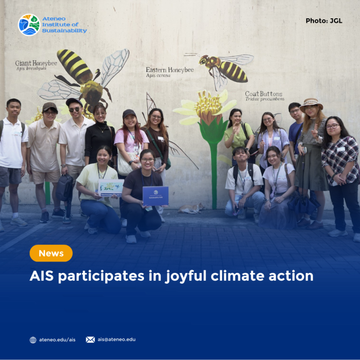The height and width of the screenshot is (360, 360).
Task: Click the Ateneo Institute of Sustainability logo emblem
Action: coord(28,25)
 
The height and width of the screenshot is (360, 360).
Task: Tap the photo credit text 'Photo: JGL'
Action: coord(323,21)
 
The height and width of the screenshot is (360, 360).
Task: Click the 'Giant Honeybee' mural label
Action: coord(36,64)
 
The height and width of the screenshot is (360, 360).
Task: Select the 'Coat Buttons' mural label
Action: coord(264,94)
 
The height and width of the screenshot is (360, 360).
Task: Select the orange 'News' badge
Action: coord(51,253)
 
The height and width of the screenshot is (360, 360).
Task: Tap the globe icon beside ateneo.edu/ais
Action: coord(33,340)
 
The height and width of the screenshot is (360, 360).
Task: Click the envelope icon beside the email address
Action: coord(90,340)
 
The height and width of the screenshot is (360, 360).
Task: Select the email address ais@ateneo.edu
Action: coord(116,340)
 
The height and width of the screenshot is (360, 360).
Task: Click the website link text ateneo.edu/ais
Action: coord(57,340)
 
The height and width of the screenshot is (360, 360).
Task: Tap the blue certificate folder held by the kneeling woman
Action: coord(155,196)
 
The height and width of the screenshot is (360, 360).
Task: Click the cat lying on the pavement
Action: coord(191,208)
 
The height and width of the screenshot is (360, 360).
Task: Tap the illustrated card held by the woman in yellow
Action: coord(110,188)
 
